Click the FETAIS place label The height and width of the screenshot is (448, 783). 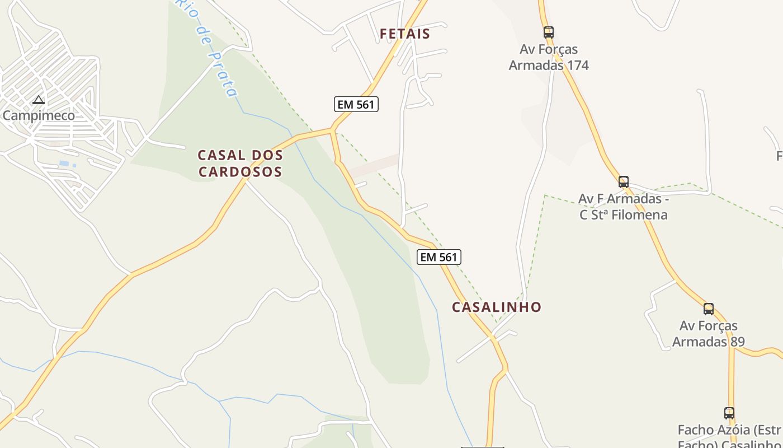pos(405,34)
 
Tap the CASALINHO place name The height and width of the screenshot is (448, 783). pos(497,307)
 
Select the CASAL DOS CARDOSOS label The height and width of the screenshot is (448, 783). pos(240,163)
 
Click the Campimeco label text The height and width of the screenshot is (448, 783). pos(39,116)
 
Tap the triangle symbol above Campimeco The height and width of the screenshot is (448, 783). pos(39,100)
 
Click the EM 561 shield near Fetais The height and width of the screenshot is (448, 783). pos(356,104)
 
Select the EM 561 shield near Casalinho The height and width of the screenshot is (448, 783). pos(439,257)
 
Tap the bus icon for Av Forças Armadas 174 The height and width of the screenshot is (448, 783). pos(548,32)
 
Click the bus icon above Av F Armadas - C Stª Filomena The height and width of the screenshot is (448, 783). pos(624,182)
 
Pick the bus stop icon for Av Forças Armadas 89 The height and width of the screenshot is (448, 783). pos(709,309)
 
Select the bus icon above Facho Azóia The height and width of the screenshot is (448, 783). pos(729,413)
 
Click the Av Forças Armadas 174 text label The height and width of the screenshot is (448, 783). pos(549,57)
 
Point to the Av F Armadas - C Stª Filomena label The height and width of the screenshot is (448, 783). pos(624,207)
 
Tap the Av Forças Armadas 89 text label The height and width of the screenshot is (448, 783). pos(708,334)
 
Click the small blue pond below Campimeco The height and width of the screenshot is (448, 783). pos(64,164)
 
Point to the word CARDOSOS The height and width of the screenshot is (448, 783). pos(240,171)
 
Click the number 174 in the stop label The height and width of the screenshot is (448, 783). pos(577,66)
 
